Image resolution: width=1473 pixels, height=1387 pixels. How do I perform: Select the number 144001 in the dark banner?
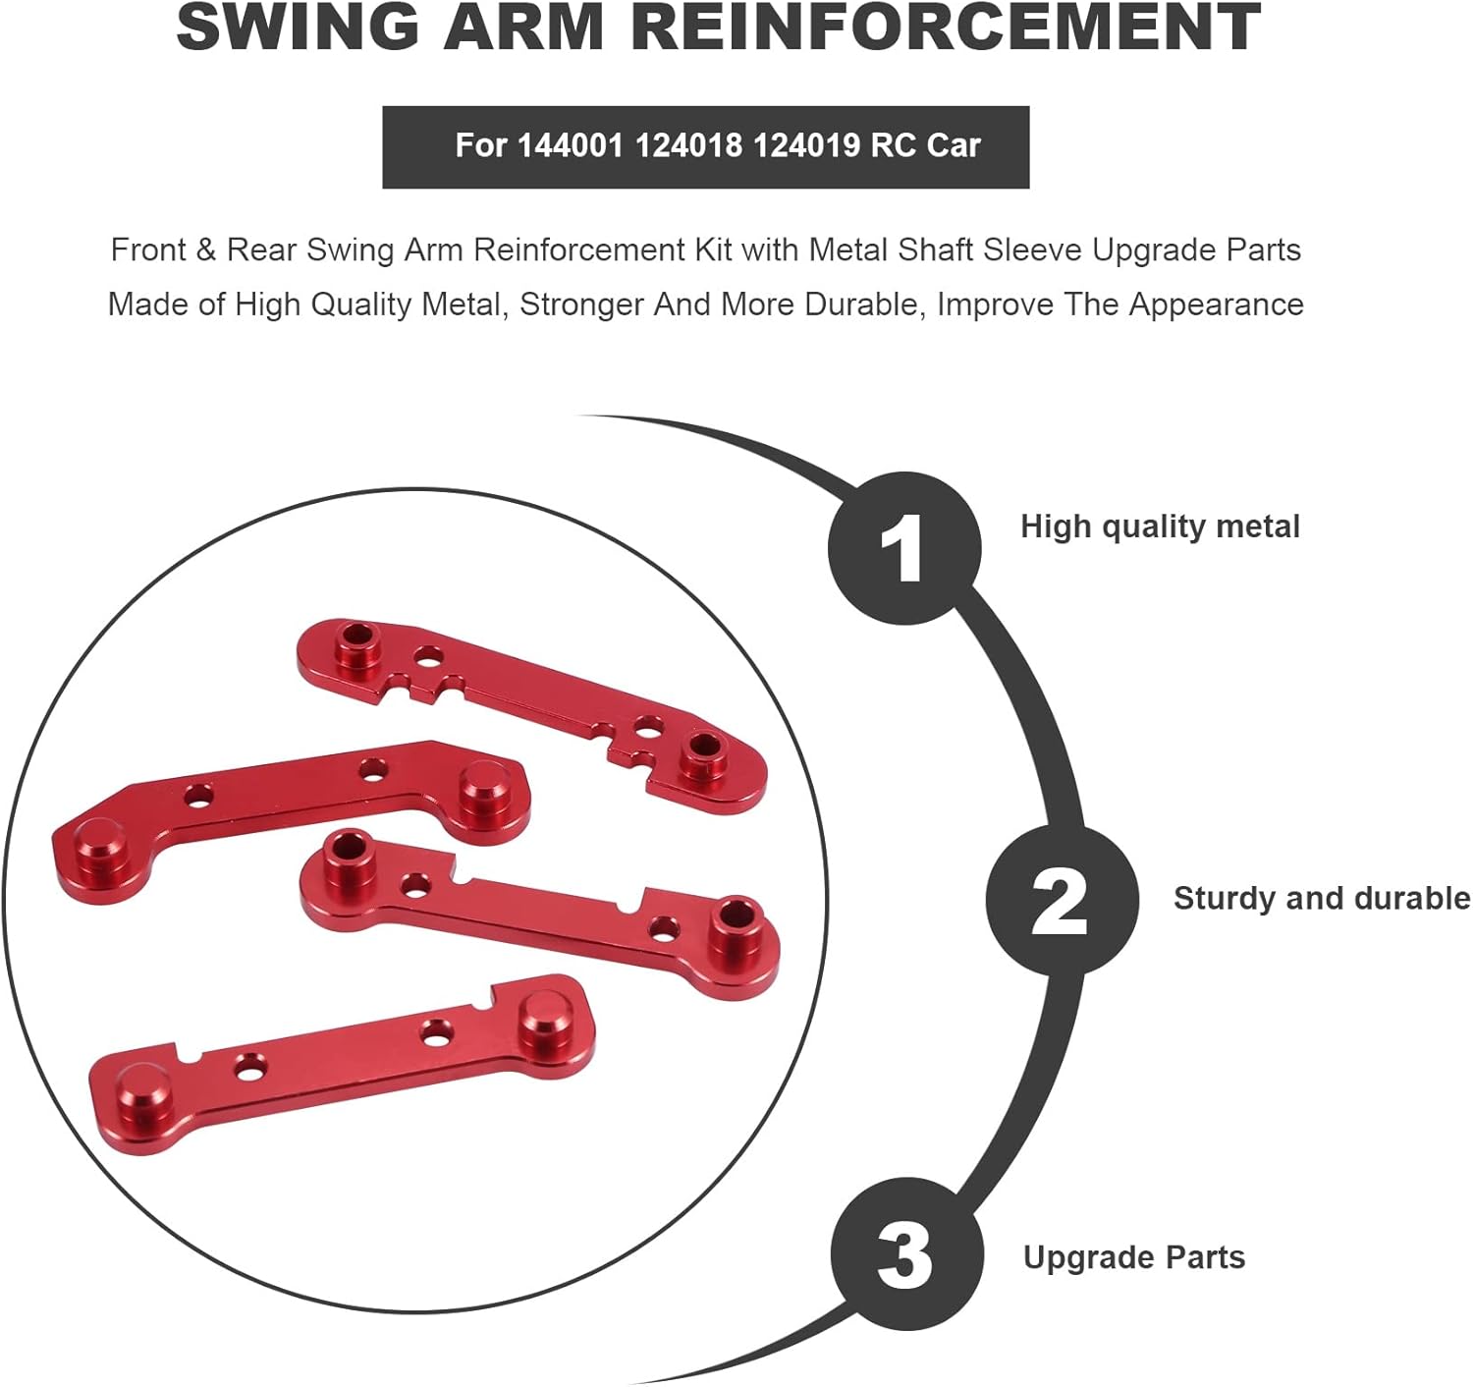pos(570,145)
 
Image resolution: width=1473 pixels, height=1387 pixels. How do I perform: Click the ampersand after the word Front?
pos(205,250)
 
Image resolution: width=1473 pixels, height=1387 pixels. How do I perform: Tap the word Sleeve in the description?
pos(1033,250)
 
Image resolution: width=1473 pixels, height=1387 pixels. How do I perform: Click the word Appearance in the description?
pos(1216,305)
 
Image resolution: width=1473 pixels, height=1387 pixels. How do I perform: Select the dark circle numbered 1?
pos(904,548)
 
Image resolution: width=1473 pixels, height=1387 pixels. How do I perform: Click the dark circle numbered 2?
pos(1062,900)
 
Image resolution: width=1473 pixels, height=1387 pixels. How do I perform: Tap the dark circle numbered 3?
pos(906,1254)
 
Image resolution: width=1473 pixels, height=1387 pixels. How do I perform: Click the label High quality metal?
pos(1160,527)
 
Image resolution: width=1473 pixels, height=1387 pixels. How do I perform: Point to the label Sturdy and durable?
pos(1321,898)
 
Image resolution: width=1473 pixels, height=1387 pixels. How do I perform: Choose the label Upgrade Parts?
pos(1134,1257)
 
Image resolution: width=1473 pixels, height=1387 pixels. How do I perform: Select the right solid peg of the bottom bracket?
pos(543,1019)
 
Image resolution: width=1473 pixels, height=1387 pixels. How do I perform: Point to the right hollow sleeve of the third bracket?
pos(735,922)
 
